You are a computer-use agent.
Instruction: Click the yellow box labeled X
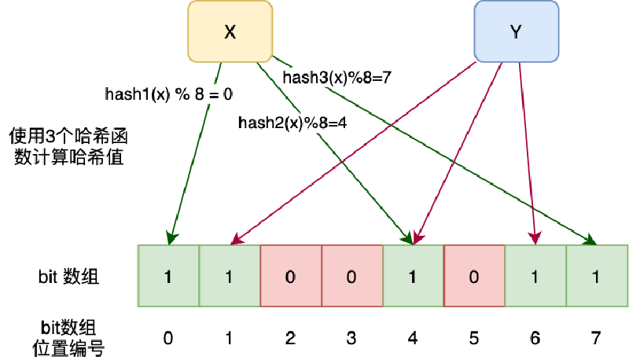(229, 31)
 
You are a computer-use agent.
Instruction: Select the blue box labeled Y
(516, 31)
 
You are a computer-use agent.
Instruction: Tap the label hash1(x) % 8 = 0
(169, 94)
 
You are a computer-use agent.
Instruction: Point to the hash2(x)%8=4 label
(292, 123)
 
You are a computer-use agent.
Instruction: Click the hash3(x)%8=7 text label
(337, 77)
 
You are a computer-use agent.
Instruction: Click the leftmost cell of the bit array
(168, 276)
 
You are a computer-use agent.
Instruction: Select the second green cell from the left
(230, 276)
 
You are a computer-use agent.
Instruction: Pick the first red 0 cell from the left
(291, 276)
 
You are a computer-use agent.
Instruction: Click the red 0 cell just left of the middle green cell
(352, 276)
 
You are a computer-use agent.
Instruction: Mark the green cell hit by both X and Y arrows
(414, 276)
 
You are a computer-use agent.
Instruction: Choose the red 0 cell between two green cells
(474, 276)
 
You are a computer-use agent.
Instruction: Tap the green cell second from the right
(535, 276)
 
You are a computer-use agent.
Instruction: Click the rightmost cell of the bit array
(597, 276)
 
